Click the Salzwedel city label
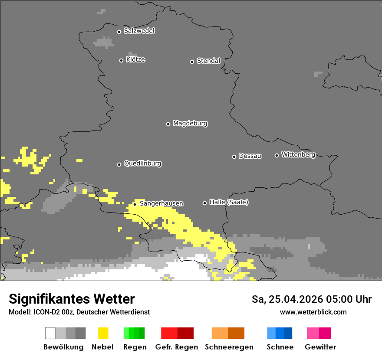click(139, 31)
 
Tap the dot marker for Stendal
click(192, 62)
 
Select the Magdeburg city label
click(190, 124)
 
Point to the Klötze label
click(135, 59)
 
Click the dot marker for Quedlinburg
click(119, 164)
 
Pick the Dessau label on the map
click(250, 156)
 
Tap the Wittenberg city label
click(298, 154)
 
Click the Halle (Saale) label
click(229, 202)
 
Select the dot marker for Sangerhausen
click(135, 204)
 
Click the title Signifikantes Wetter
click(72, 299)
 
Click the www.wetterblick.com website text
click(313, 312)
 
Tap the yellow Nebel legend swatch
click(103, 333)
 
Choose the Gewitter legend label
click(320, 347)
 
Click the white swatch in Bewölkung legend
click(50, 333)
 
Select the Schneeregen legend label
click(229, 347)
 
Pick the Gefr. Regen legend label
click(177, 347)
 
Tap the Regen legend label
click(135, 347)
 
